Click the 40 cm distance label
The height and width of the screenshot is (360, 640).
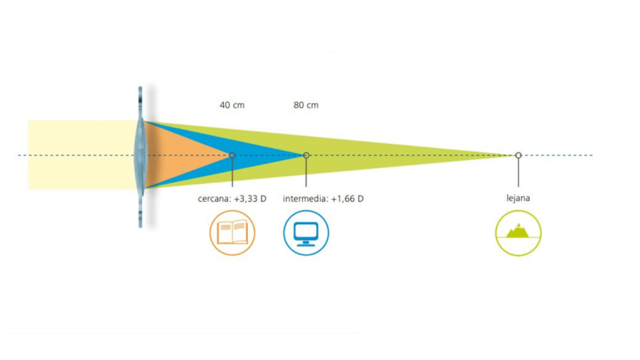232,105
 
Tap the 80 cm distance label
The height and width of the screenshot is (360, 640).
306,105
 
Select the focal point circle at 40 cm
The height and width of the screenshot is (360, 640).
232,155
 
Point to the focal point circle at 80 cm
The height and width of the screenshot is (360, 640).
306,155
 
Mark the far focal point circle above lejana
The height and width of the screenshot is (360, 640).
518,155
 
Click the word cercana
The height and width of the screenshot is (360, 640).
213,199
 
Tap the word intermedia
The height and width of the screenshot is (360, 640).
305,199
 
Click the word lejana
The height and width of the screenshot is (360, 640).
518,199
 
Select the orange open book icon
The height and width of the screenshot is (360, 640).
232,233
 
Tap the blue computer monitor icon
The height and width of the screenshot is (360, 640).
306,233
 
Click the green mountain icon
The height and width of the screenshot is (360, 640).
518,233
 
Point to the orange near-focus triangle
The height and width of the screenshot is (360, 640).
180,155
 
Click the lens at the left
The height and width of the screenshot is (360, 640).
140,155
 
